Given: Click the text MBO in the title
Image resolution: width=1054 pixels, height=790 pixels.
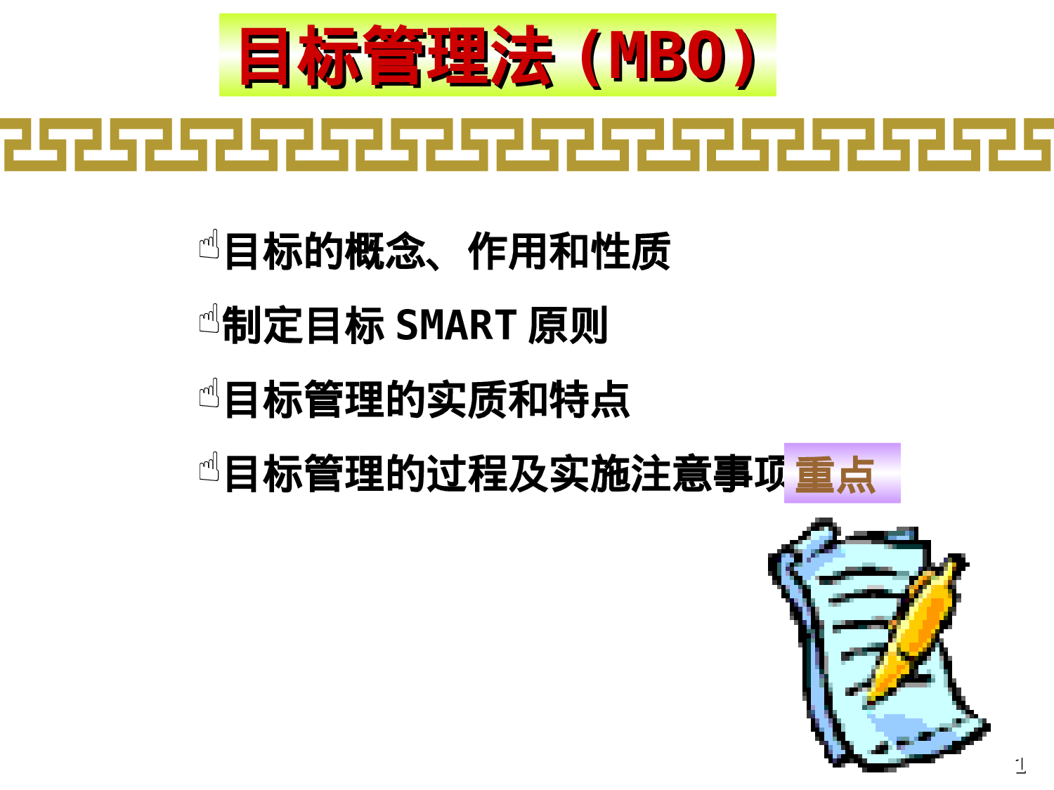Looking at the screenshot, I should click(x=668, y=56).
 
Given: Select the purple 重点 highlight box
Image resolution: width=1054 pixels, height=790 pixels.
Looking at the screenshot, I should click(x=842, y=473).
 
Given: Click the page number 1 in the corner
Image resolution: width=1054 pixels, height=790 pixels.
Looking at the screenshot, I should click(x=1020, y=764).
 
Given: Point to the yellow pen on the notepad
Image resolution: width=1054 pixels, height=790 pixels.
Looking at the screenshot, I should click(x=913, y=632).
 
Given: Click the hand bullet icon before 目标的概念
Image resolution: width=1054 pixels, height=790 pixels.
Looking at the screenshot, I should click(x=209, y=245).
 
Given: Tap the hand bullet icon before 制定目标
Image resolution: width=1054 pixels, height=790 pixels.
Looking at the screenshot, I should click(x=209, y=320).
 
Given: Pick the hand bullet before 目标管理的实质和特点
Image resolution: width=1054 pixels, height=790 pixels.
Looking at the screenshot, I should click(x=209, y=393).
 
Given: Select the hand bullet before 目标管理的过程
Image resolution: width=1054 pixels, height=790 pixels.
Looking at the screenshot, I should click(x=209, y=467).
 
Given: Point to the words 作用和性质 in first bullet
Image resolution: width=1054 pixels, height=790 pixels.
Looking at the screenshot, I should click(x=569, y=251).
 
